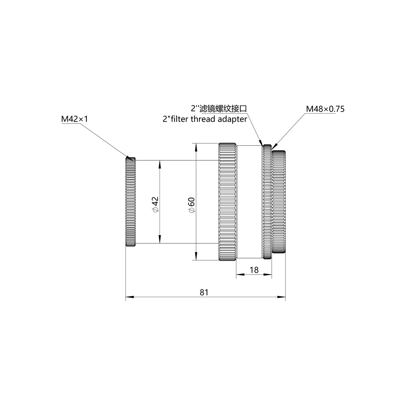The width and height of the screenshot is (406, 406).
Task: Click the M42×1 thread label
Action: coord(75,119)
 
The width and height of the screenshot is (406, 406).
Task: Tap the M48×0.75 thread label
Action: coord(325,109)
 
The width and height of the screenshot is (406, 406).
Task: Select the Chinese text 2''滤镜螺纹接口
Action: coord(219,109)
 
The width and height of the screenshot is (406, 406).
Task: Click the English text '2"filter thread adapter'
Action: coord(204,119)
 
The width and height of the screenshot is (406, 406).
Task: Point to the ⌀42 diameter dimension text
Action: coord(155,204)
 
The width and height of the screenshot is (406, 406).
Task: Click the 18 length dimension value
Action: coord(254,270)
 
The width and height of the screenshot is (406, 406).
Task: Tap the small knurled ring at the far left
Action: coord(130,202)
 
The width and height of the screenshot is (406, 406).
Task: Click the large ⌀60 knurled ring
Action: coord(228,202)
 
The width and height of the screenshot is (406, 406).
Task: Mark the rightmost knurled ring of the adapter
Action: coord(279,202)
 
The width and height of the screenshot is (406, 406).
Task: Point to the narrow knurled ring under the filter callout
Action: coord(267,202)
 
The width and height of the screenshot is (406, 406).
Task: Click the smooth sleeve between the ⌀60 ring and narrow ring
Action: coord(249,202)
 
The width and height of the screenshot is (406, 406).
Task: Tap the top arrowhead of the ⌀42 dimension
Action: coord(160,163)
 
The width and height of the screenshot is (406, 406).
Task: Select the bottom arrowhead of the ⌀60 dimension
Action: coord(197,257)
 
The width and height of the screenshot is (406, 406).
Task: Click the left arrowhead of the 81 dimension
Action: coord(129,298)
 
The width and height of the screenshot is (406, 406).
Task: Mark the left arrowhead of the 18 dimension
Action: coord(239,275)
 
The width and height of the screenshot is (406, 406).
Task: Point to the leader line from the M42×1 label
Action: coord(106,140)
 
